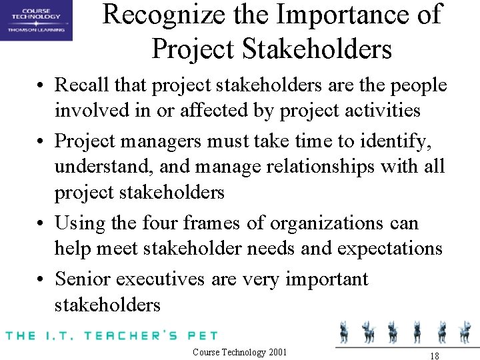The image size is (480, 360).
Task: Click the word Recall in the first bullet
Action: point(77,85)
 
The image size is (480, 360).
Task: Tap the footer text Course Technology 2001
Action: point(239,352)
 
